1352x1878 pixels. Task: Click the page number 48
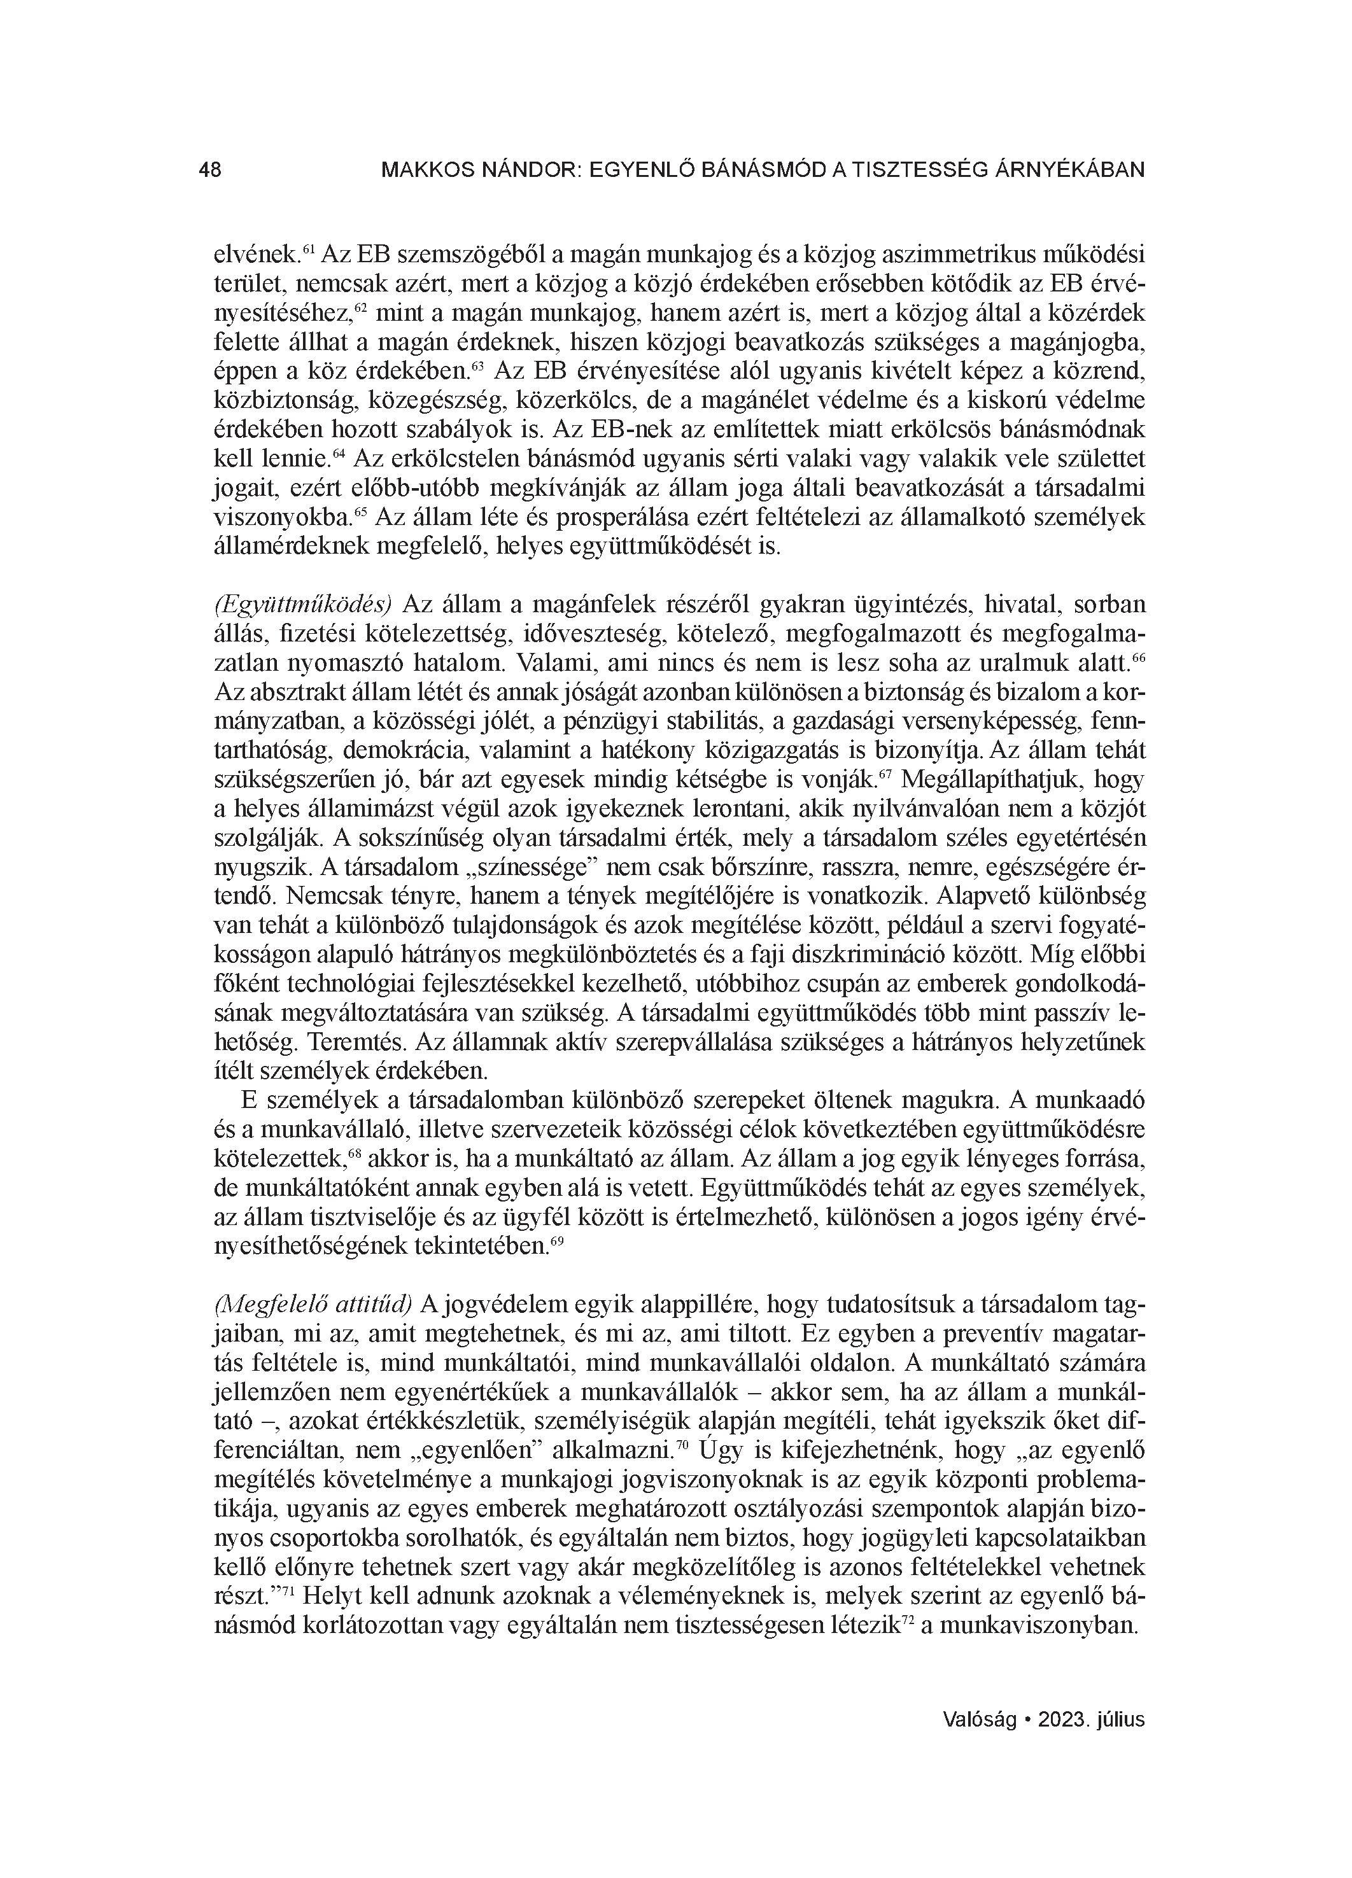pyautogui.click(x=211, y=171)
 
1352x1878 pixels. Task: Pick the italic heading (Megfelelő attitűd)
pyautogui.click(x=313, y=1304)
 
